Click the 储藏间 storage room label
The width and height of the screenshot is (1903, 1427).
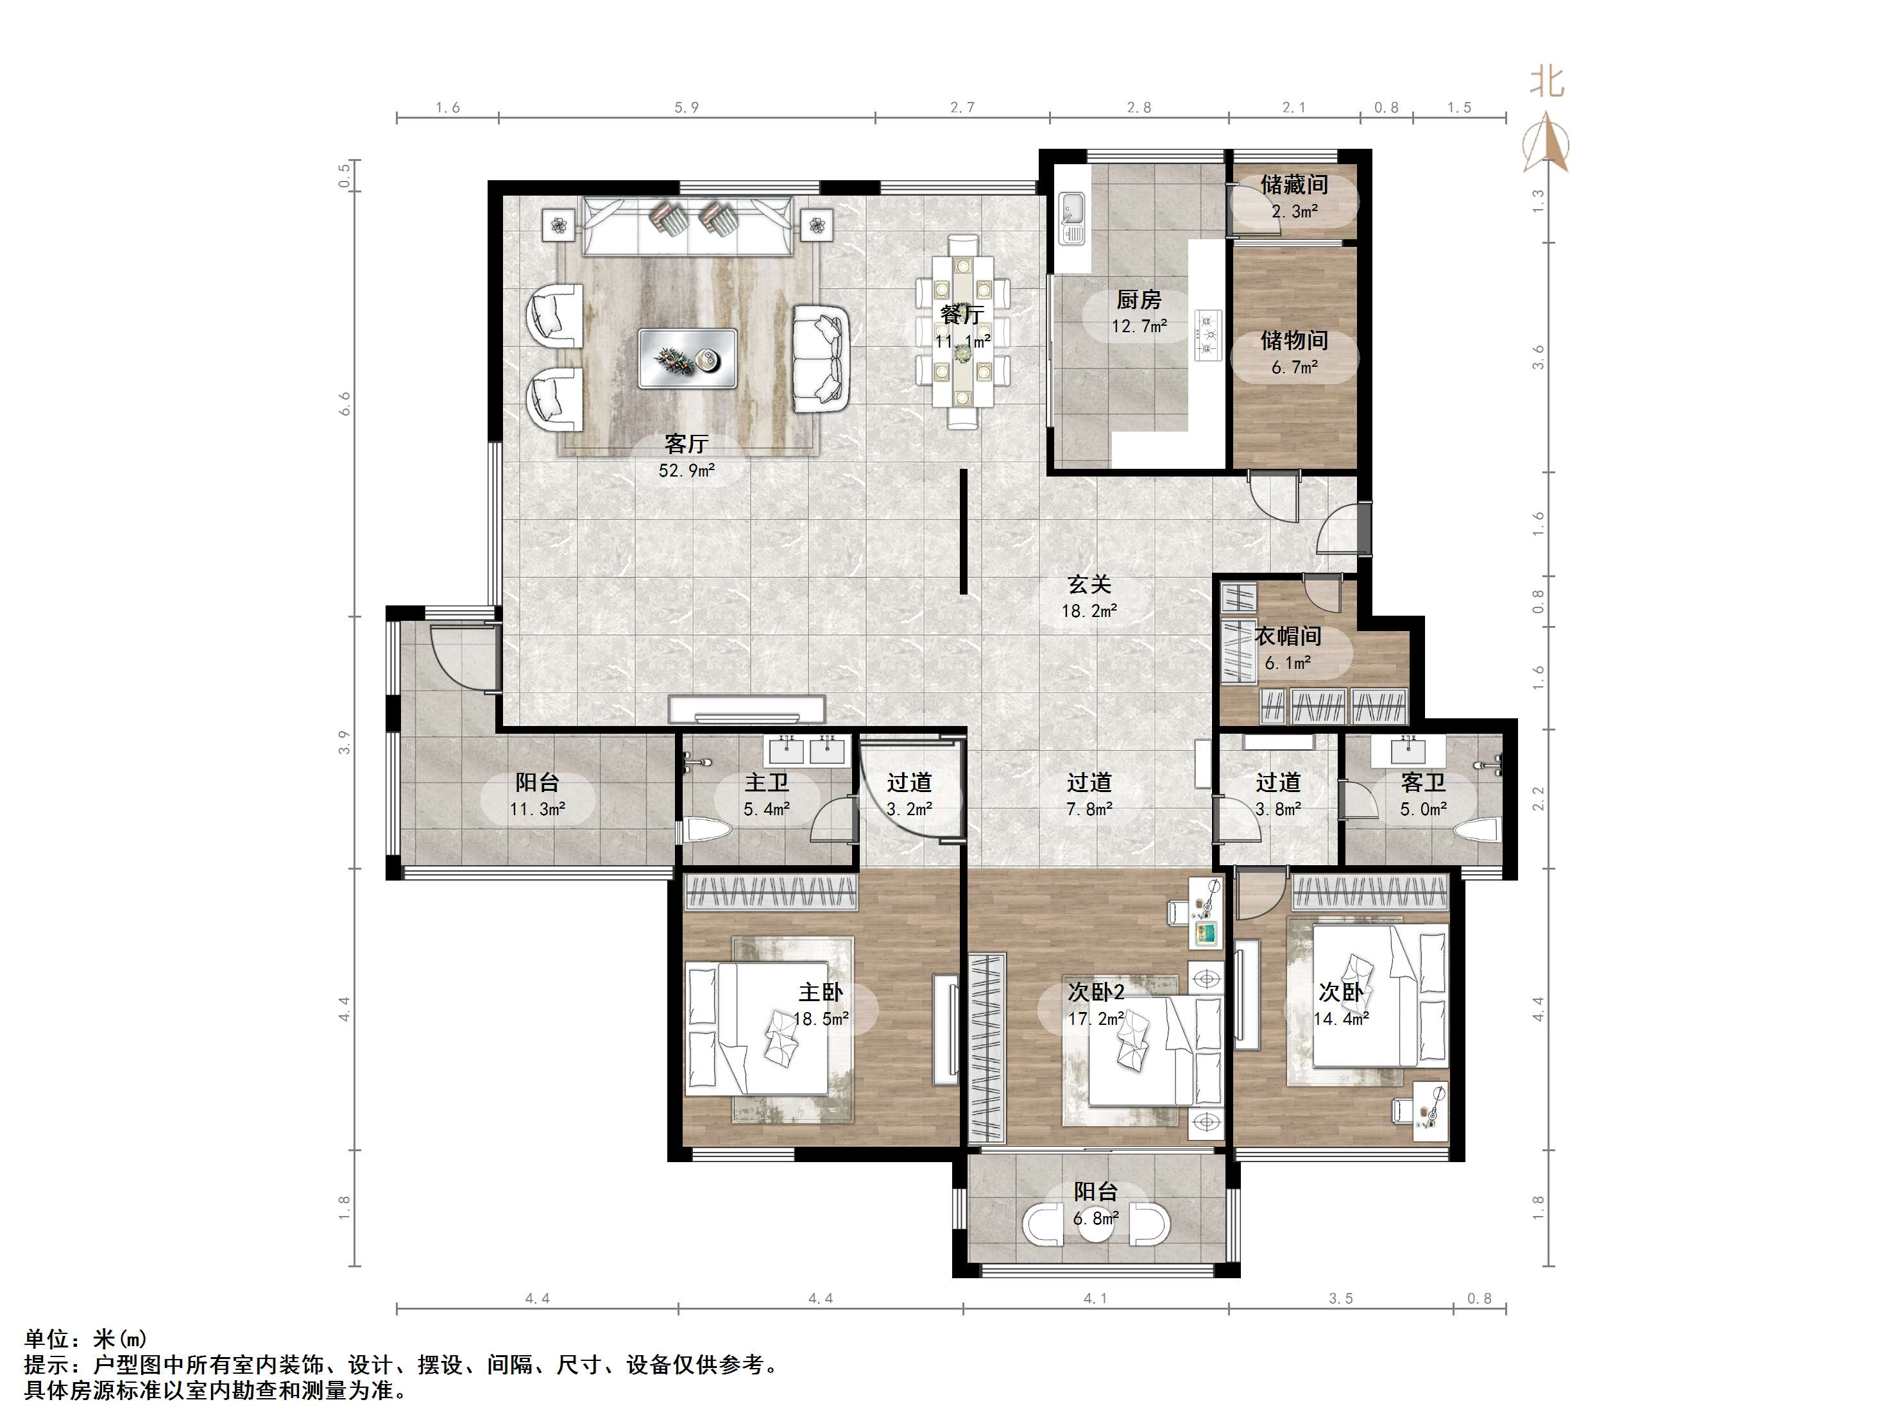(1294, 184)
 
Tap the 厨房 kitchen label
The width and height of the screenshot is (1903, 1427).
(1138, 300)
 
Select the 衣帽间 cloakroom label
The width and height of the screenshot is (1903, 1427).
(1287, 636)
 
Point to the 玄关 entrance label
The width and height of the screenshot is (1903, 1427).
(1089, 584)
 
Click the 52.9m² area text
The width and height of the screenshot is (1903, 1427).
(687, 471)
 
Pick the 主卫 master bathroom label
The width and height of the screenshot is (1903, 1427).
(767, 782)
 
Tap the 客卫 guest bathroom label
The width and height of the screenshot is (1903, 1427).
(1423, 782)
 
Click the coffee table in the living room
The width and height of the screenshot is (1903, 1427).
(687, 358)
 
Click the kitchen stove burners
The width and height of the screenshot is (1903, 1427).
(1208, 331)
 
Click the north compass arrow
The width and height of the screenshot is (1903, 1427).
(1546, 142)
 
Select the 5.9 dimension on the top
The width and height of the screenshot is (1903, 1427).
(686, 108)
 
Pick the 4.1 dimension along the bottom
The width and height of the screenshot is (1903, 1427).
(1095, 1298)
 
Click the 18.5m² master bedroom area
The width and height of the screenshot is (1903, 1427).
(821, 1018)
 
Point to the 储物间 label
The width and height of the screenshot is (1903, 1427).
(1294, 340)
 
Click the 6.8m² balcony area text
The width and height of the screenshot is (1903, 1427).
(1095, 1218)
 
